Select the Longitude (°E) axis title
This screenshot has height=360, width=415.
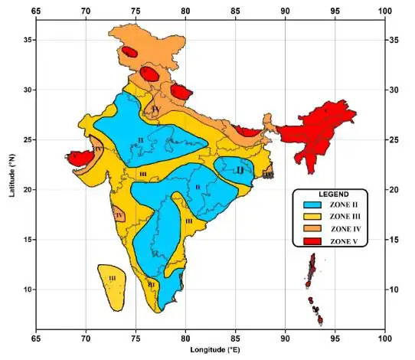211,350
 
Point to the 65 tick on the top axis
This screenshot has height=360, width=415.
35,11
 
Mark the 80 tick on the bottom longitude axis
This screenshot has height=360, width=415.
185,336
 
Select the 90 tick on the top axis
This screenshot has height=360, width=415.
285,11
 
